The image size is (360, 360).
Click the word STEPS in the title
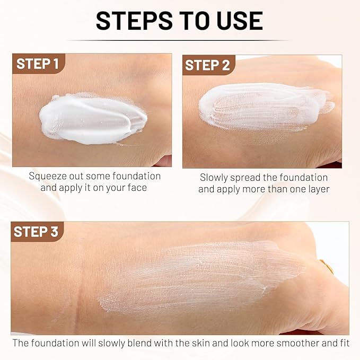tap(134, 21)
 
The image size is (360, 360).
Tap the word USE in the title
tap(240, 21)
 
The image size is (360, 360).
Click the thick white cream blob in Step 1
tap(93, 119)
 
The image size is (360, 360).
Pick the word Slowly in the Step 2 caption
tap(214, 178)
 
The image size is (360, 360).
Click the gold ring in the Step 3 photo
tap(327, 266)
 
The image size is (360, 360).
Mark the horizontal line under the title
tap(178, 40)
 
